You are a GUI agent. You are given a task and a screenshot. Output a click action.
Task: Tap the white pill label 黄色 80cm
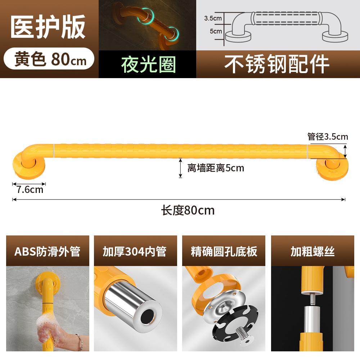coord(50,59)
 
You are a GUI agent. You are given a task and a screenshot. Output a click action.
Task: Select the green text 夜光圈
coord(148,65)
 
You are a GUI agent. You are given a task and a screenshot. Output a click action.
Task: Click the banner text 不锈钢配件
coord(277,64)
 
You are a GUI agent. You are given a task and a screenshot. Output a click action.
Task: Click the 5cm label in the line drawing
coord(216,31)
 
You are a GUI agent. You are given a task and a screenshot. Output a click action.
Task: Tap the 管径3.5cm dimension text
coord(327,136)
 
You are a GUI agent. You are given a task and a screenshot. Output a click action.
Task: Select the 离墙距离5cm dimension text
coord(215,168)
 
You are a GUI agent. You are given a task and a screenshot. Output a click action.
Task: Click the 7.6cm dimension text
coord(30,190)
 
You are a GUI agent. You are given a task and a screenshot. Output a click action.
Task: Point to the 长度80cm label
coord(188,210)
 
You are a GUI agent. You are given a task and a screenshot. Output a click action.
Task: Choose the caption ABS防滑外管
coord(47,251)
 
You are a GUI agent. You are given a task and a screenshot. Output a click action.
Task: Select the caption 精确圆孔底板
coord(224,251)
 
